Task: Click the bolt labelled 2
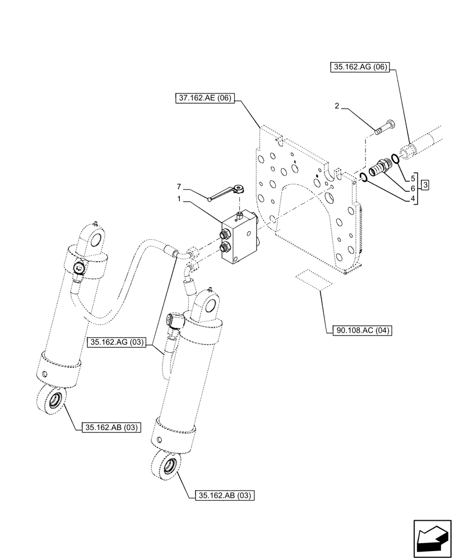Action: [384, 127]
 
